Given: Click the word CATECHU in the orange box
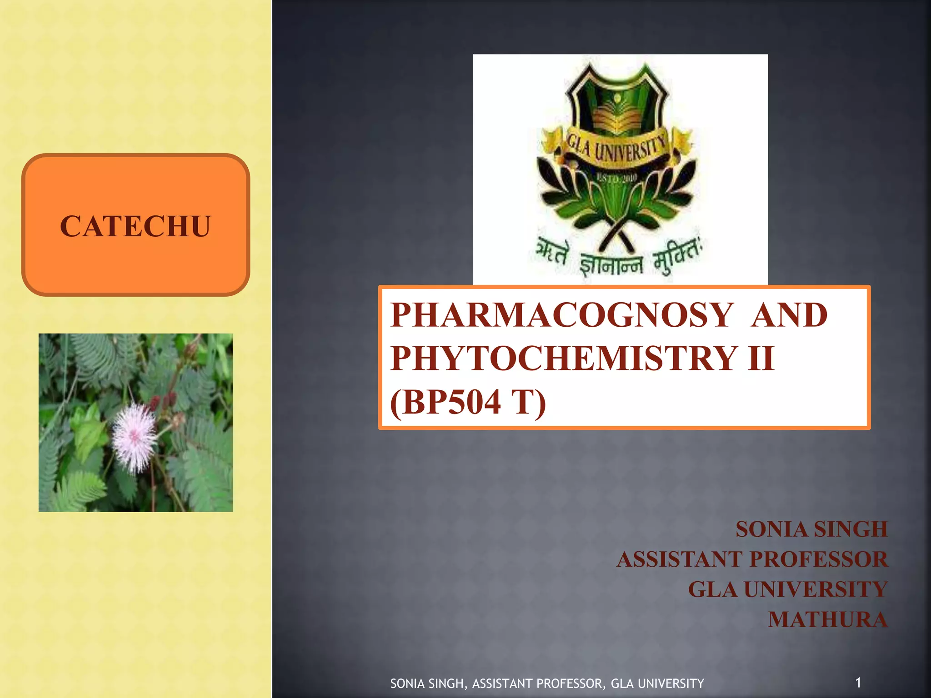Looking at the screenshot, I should [x=135, y=226].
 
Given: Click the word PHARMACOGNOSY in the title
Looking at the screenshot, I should [x=562, y=315].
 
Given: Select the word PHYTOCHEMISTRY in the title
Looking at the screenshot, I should [x=564, y=358].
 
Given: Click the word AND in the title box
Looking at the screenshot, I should [x=789, y=315].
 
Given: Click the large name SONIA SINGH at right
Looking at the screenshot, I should [x=811, y=529].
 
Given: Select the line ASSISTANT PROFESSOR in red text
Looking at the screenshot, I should [x=752, y=559].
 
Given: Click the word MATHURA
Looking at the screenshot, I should [x=827, y=619].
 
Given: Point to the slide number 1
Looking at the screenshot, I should [x=858, y=682].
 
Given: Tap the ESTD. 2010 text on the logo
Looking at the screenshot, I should [x=617, y=178].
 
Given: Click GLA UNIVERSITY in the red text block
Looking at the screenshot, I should [x=787, y=589].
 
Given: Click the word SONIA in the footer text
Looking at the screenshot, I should [x=408, y=683].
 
